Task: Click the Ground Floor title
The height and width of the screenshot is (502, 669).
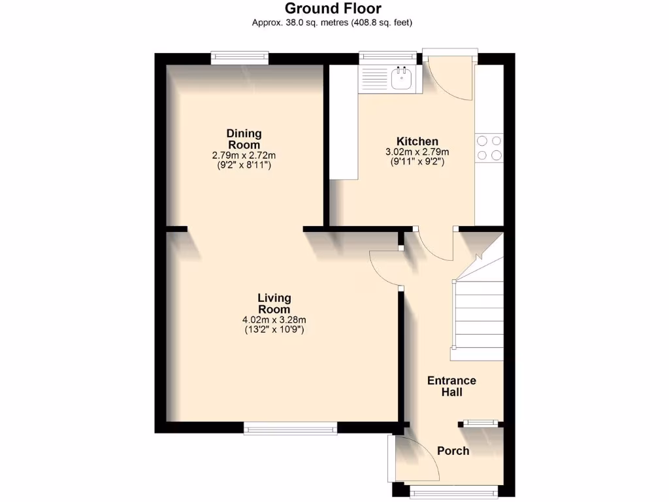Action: click(x=333, y=8)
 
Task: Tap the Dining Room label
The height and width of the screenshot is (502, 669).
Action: click(x=244, y=139)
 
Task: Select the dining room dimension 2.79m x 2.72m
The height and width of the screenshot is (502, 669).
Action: click(x=244, y=156)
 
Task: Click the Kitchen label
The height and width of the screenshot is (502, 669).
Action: click(x=417, y=141)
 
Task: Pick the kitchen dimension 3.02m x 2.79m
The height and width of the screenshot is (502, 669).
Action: click(x=417, y=152)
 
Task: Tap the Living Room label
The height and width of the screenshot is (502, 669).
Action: click(x=274, y=303)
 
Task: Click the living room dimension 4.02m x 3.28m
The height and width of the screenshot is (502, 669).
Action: click(x=274, y=320)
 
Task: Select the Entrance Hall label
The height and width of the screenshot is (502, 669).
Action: click(x=451, y=386)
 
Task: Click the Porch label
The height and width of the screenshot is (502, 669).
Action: click(x=453, y=451)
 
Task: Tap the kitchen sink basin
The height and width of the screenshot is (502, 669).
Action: click(x=401, y=80)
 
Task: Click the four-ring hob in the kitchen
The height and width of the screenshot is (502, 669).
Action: click(x=489, y=148)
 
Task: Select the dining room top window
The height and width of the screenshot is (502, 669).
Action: click(x=239, y=59)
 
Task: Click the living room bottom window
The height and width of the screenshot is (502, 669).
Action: click(x=290, y=429)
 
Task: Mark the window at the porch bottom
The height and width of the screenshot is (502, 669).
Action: click(x=453, y=494)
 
